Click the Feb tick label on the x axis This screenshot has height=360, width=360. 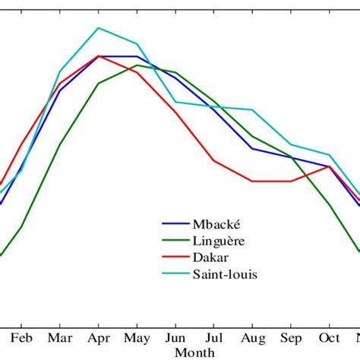tap(21, 337)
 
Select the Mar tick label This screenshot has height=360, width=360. tap(59, 337)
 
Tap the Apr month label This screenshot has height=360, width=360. tap(98, 337)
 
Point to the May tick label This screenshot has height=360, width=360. tap(137, 337)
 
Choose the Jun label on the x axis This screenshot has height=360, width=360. tap(175, 337)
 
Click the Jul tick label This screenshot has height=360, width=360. tap(214, 337)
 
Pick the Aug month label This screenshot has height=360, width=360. tap(252, 337)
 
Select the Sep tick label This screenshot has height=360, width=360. tap(291, 337)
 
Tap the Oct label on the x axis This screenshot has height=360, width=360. tap(329, 337)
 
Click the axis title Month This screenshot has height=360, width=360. tap(194, 352)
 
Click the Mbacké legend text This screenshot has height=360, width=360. tap(216, 224)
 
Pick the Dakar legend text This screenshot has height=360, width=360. tap(210, 257)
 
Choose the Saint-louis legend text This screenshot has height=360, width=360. tap(225, 274)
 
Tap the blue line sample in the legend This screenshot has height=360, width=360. tap(175, 224)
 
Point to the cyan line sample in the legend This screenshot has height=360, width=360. tap(175, 274)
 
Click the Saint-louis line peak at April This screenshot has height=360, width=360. tap(98, 28)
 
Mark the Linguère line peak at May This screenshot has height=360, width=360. tap(137, 65)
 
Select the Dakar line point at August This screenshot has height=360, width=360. tap(252, 182)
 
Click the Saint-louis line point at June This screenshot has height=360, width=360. tap(175, 102)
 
